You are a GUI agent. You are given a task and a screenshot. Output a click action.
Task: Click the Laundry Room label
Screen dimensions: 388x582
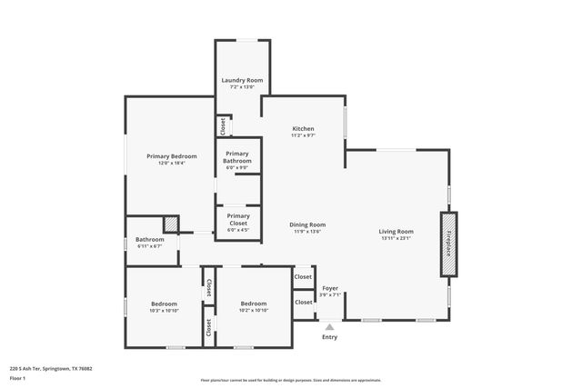242,81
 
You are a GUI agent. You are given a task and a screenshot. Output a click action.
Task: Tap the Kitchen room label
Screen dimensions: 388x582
303,128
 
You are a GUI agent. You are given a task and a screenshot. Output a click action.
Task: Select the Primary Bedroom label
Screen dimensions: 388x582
171,156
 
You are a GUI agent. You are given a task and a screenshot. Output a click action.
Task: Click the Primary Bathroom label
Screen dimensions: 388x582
237,157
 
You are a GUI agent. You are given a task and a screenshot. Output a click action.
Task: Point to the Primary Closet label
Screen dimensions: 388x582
237,219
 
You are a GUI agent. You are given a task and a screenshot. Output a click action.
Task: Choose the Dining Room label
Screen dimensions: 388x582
307,224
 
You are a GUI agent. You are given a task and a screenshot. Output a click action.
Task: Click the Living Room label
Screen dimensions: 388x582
396,232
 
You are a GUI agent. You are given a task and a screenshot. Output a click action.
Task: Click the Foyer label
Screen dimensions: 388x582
330,288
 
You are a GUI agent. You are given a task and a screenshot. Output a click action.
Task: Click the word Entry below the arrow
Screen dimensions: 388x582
329,337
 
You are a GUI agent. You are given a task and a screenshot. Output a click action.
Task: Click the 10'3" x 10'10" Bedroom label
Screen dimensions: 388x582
164,303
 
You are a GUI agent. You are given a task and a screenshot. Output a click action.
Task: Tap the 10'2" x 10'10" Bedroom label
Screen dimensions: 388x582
253,303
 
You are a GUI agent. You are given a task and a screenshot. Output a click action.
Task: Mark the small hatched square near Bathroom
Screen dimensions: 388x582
170,224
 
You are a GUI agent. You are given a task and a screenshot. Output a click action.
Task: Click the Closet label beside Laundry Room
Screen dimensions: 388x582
222,125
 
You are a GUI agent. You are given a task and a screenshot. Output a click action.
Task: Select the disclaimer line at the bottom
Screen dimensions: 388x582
290,380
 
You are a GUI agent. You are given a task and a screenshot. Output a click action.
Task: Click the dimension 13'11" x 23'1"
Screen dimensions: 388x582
396,238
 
